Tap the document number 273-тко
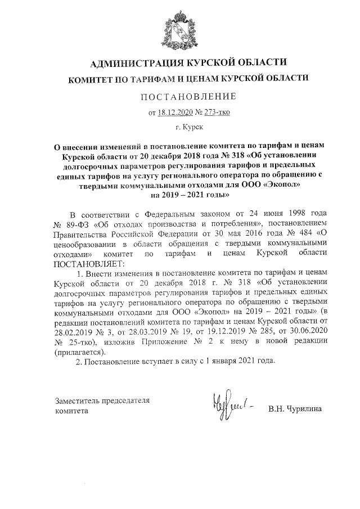[x=215, y=112]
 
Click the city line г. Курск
[x=179, y=128]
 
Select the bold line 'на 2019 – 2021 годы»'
[x=180, y=195]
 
